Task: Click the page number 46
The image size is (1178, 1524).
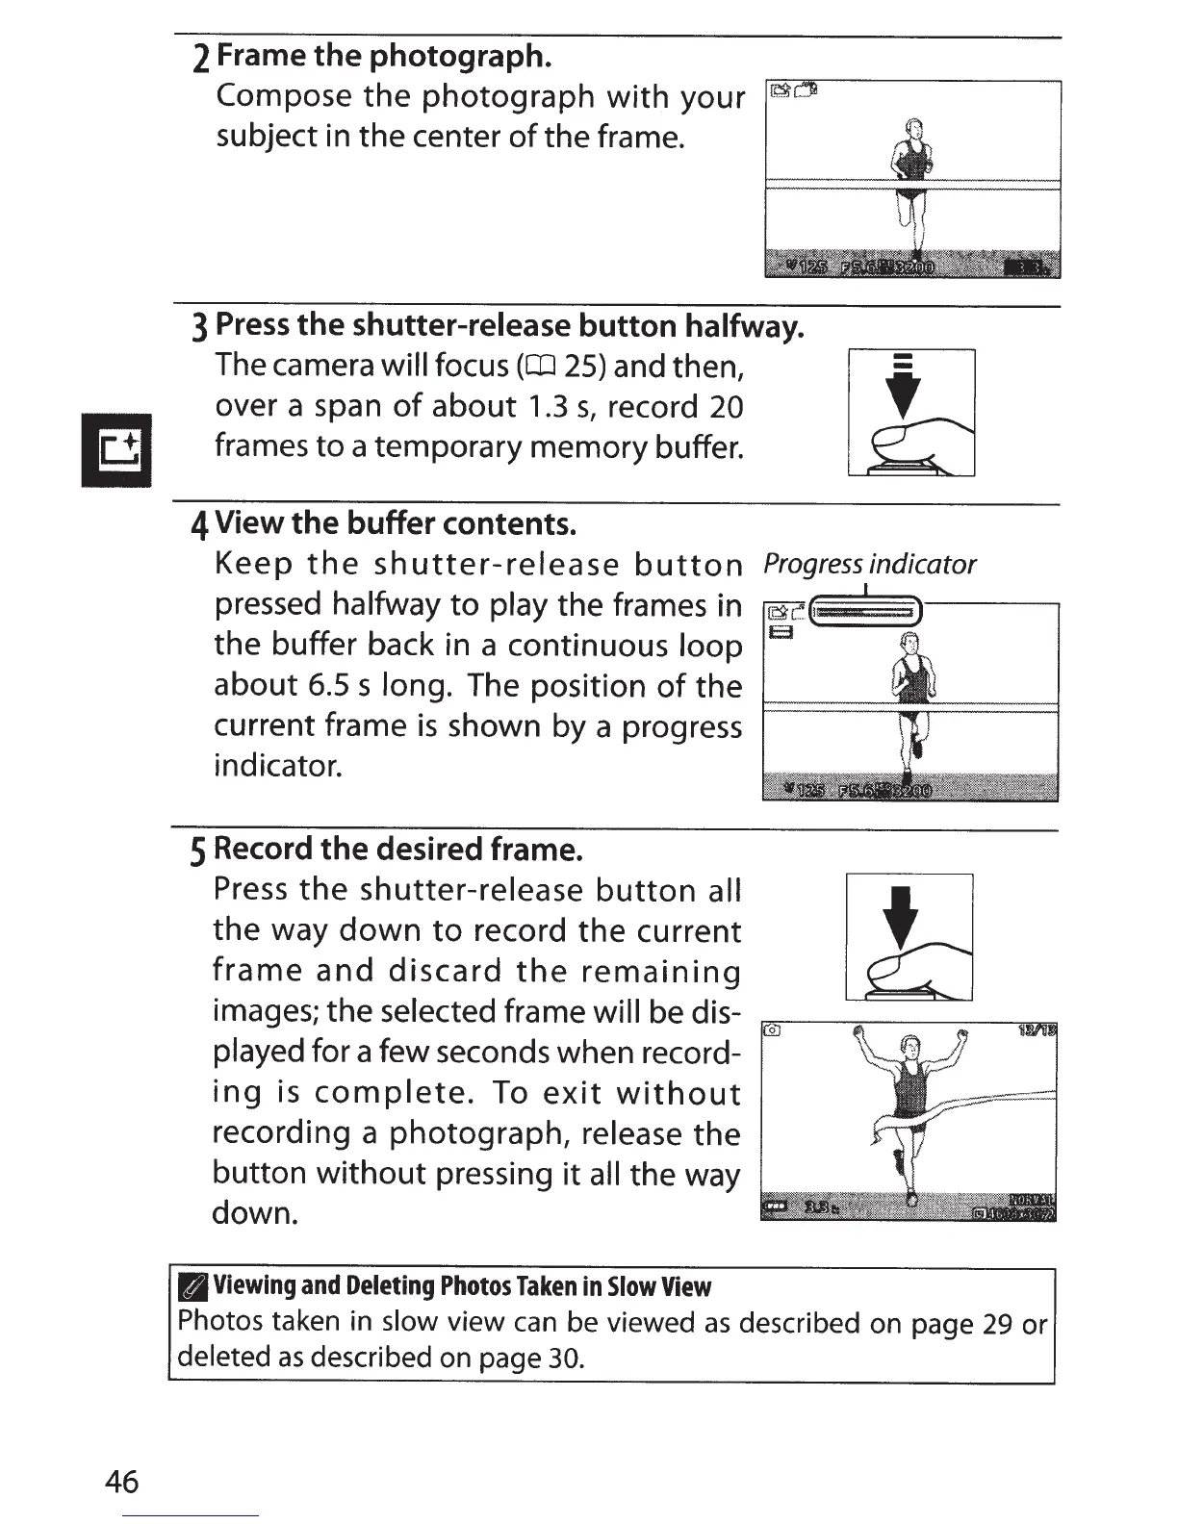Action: coord(122,1482)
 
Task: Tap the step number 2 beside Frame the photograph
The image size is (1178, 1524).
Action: coord(200,60)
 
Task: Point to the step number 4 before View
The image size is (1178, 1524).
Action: coord(199,526)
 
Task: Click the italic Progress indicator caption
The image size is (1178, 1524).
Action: coord(869,565)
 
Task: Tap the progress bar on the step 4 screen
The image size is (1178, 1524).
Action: coord(867,611)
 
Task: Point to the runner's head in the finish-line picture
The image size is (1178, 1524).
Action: coord(909,1048)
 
